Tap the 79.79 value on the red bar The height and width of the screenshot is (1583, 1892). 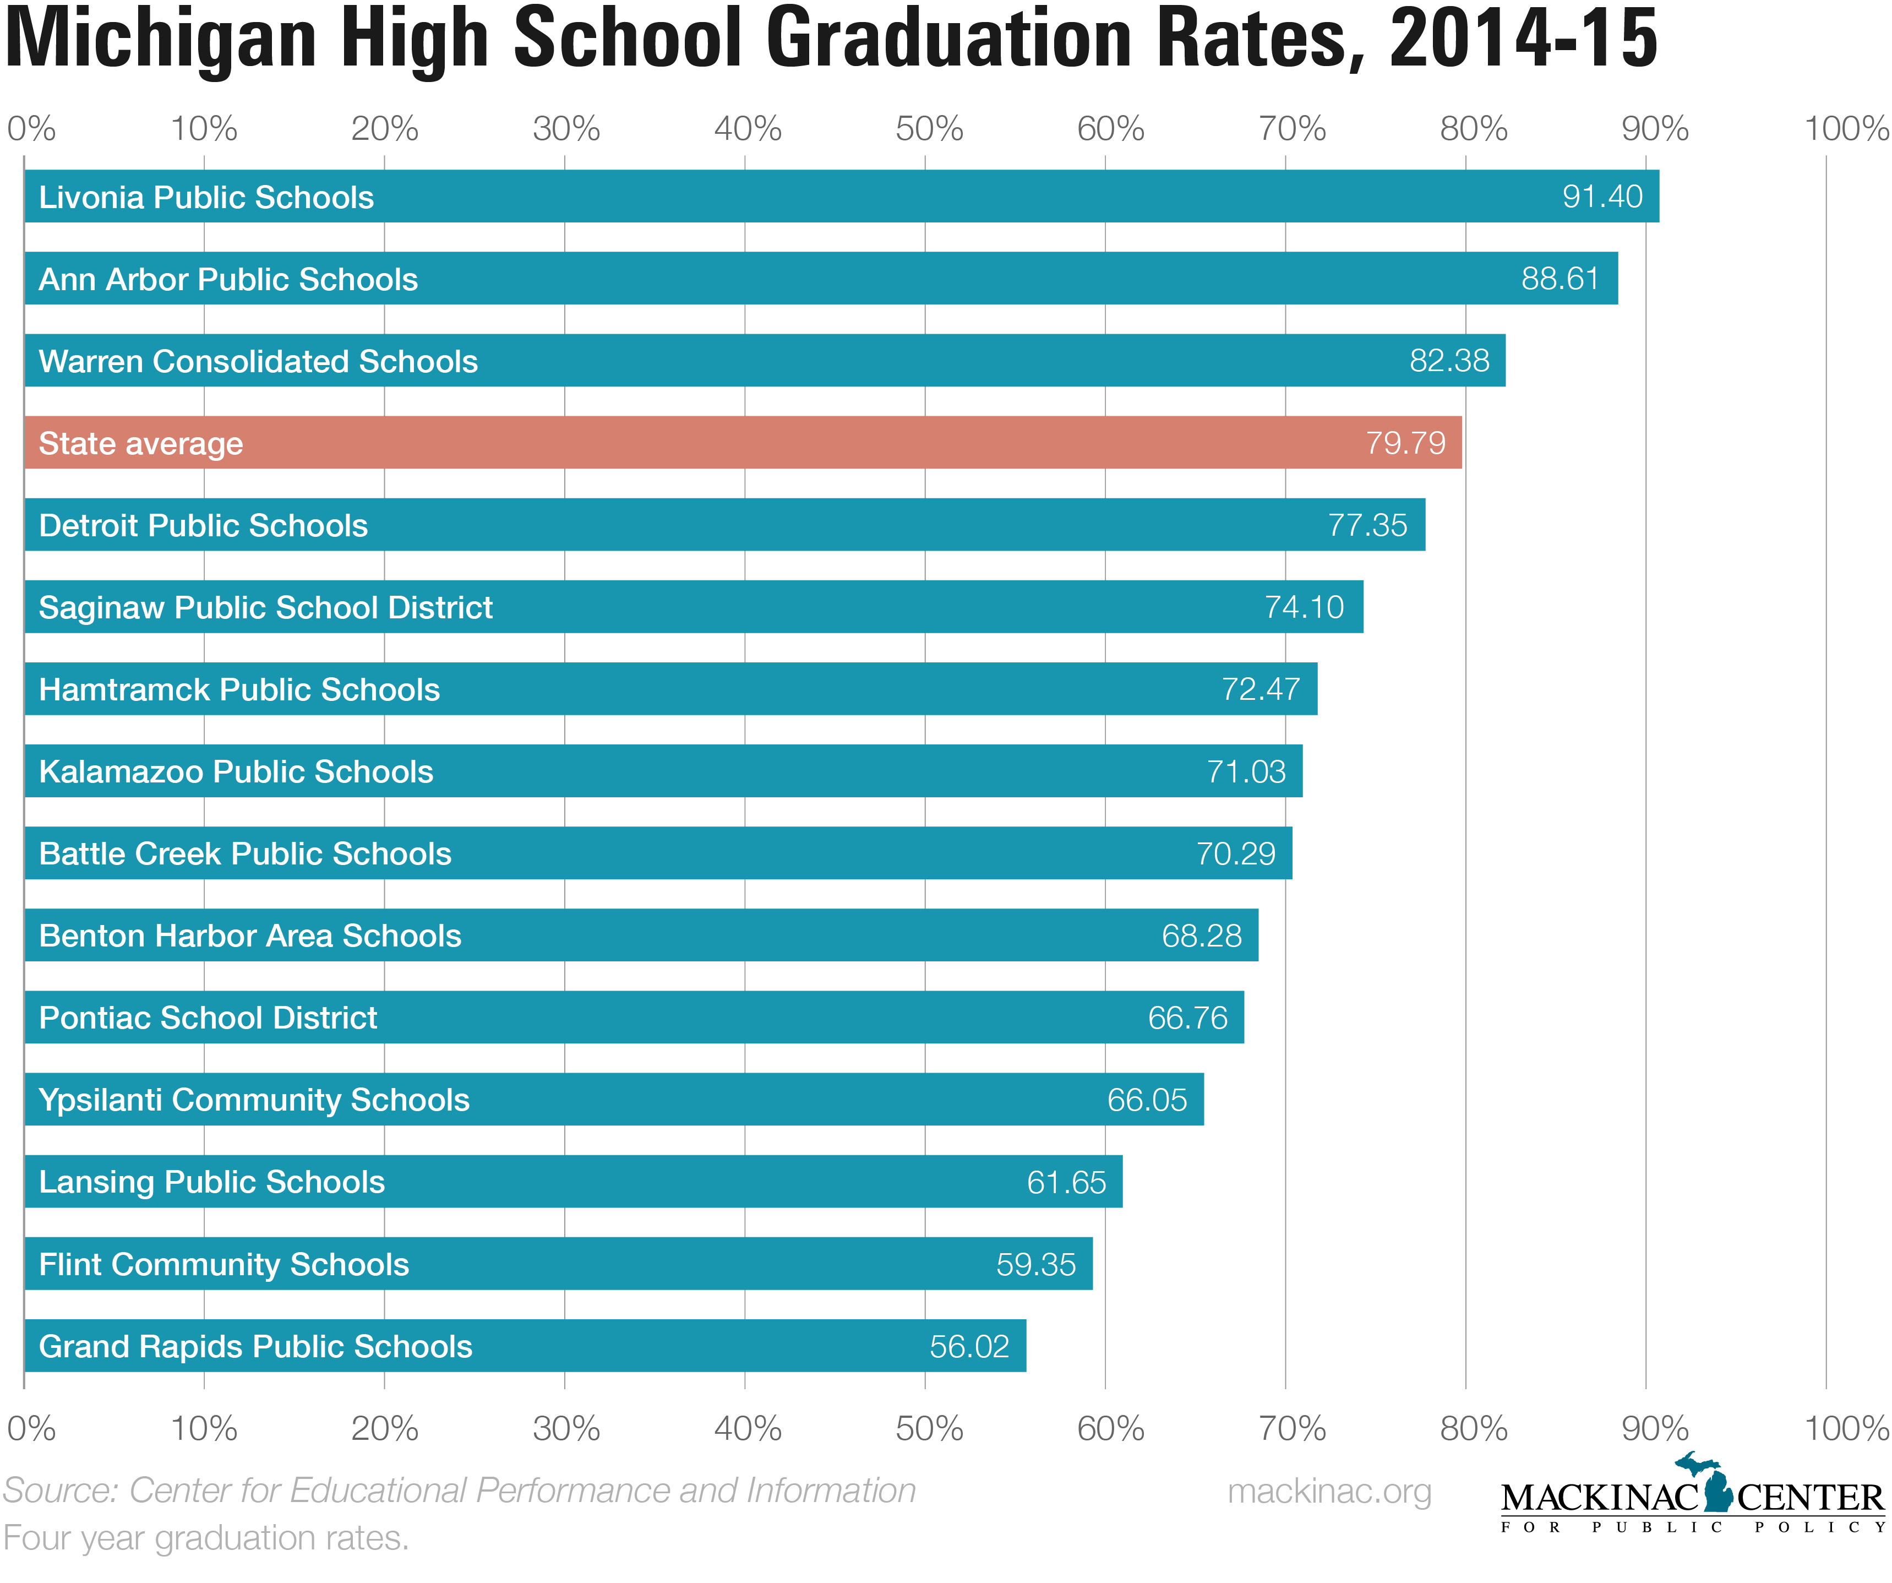coord(1405,443)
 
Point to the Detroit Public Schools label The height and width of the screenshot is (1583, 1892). coord(204,525)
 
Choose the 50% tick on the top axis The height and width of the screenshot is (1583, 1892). coord(929,129)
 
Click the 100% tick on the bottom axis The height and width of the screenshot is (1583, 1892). coord(1845,1428)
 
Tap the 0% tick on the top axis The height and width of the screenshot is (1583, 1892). coord(31,129)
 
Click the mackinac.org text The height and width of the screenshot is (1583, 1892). coord(1329,1491)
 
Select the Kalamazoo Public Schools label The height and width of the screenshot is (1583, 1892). coord(236,771)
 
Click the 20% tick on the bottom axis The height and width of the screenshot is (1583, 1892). coord(385,1428)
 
